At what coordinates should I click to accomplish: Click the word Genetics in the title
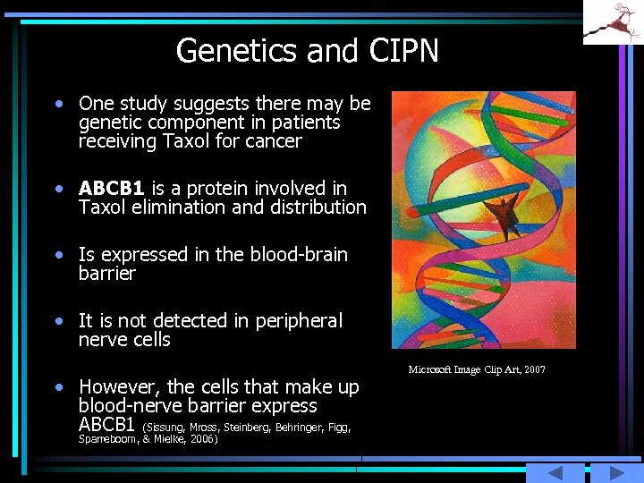(x=237, y=51)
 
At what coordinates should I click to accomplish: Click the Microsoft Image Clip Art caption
(x=477, y=370)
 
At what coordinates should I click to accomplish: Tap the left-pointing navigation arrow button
(x=555, y=473)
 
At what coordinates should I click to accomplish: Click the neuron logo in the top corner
(x=613, y=21)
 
